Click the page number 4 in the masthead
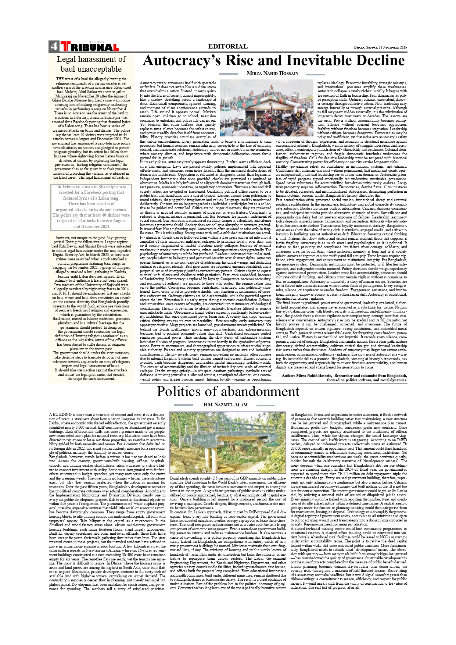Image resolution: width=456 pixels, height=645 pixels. (54, 46)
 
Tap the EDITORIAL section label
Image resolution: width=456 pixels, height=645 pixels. (228, 46)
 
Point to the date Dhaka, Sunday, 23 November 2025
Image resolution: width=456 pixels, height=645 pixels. (380, 47)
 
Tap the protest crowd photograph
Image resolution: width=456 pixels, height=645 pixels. (266, 108)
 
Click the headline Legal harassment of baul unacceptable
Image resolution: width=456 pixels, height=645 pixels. (91, 64)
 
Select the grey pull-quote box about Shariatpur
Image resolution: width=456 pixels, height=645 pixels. (91, 207)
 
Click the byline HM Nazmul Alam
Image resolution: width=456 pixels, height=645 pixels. (225, 405)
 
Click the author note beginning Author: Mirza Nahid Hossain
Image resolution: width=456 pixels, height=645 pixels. (344, 378)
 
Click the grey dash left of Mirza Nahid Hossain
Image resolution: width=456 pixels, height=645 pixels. (229, 74)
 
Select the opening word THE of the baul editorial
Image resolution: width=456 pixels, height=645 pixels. (60, 79)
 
